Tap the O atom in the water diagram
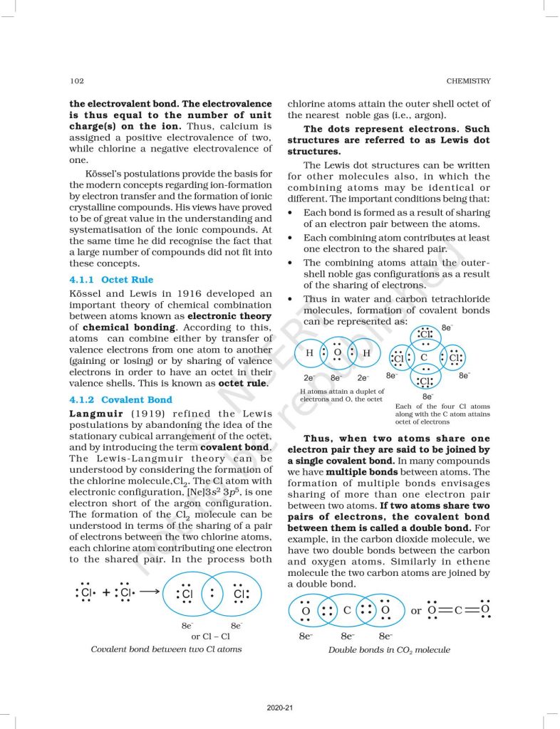click(337, 352)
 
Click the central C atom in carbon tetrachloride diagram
click(425, 357)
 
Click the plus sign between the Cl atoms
click(107, 592)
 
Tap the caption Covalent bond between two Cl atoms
click(165, 649)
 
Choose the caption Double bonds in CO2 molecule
click(389, 649)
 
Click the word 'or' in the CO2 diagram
click(416, 611)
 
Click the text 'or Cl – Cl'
click(210, 636)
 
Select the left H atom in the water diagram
click(309, 353)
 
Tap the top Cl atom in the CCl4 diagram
click(425, 334)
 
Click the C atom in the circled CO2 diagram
click(347, 610)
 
